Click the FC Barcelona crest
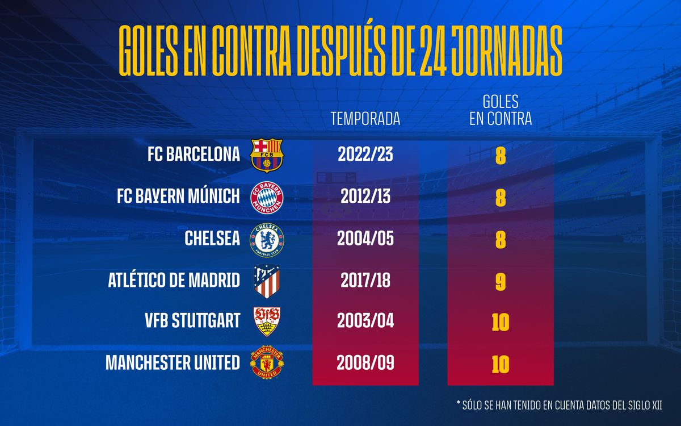(x=266, y=155)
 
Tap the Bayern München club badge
(x=266, y=197)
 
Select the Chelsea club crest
(x=266, y=239)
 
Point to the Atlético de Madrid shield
(x=266, y=281)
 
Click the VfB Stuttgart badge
(x=266, y=322)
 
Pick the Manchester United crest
(x=266, y=364)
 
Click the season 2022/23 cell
(x=365, y=155)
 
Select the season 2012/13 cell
(x=365, y=197)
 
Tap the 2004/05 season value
(x=365, y=239)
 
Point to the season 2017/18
(x=365, y=281)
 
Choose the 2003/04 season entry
(x=365, y=322)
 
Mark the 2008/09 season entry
(x=365, y=364)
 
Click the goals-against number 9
(x=500, y=281)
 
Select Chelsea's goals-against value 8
(x=500, y=239)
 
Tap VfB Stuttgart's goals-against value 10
(x=500, y=322)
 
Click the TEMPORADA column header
(x=365, y=119)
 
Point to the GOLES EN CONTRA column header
(x=500, y=111)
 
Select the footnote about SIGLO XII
(x=559, y=404)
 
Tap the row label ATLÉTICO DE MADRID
(x=174, y=281)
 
